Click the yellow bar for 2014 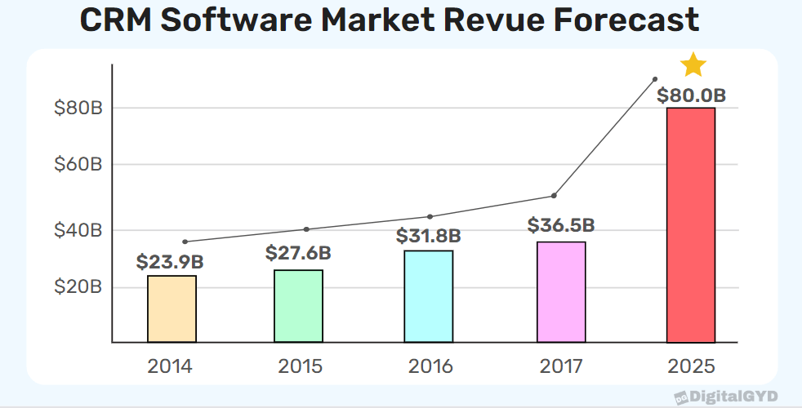[172, 309]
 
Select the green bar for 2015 [299, 306]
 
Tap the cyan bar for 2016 [429, 296]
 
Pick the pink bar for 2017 [561, 292]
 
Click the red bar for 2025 [691, 225]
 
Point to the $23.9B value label [170, 263]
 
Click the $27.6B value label [298, 253]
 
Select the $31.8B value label [429, 237]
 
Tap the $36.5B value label [560, 225]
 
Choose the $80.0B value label [691, 95]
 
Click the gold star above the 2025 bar [693, 64]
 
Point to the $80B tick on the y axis [78, 108]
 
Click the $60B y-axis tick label [78, 164]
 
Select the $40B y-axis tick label [78, 230]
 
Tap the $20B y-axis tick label [78, 287]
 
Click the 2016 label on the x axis [430, 366]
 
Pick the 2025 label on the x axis [692, 366]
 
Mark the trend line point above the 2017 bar [554, 196]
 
